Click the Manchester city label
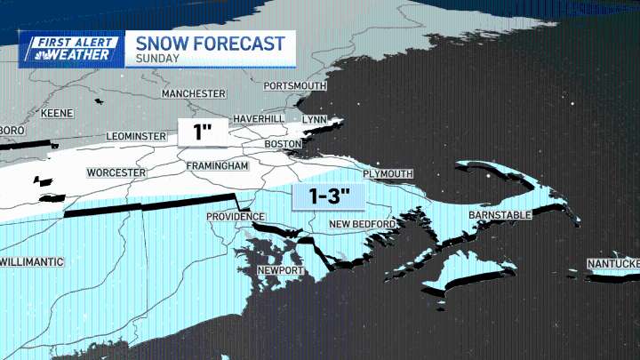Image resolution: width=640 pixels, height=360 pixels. click(x=193, y=93)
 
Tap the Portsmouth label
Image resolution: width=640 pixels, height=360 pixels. click(x=295, y=85)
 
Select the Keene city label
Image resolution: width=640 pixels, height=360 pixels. click(x=57, y=114)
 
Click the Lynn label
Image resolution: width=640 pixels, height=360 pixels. click(x=316, y=119)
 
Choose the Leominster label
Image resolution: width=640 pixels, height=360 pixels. click(x=136, y=136)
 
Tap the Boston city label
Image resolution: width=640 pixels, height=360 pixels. click(x=284, y=144)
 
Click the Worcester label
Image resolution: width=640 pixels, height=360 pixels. click(x=116, y=172)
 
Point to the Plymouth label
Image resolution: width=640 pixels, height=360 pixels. click(x=388, y=173)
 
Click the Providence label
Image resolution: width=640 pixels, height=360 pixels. click(x=235, y=217)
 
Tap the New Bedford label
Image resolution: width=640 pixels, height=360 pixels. click(x=362, y=224)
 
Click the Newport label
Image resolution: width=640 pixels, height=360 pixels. click(x=281, y=270)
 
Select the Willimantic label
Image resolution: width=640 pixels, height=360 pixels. click(x=32, y=262)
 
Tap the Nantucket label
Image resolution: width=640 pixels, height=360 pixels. click(x=613, y=264)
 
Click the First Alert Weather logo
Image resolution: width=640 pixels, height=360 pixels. click(x=69, y=49)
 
